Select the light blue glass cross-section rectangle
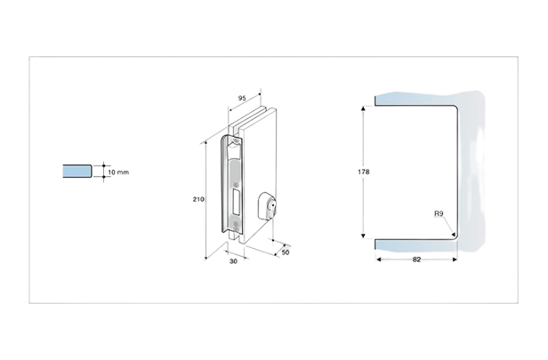[77, 170]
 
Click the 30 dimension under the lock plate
[233, 262]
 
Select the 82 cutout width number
[416, 259]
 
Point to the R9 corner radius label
[439, 214]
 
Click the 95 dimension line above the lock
[242, 105]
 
